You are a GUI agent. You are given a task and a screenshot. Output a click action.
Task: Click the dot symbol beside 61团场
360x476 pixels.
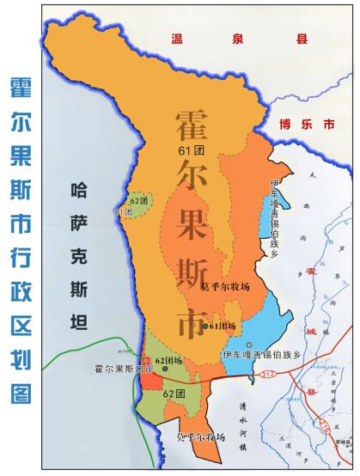(x=206, y=326)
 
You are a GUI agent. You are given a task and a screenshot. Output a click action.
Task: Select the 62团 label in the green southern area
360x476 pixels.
(x=174, y=392)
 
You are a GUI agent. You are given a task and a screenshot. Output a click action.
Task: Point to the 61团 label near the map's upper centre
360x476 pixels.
(x=180, y=151)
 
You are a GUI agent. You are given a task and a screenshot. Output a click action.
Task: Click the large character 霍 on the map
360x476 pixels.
(x=197, y=129)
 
